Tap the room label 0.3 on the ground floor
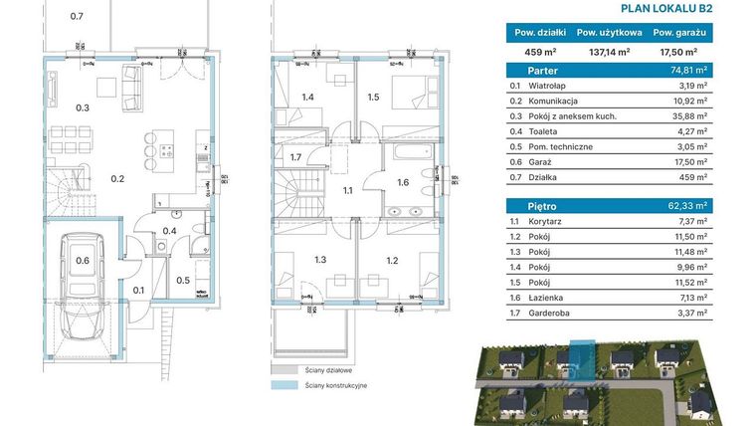point(84,107)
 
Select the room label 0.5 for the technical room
point(183,280)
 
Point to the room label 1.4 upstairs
point(308,98)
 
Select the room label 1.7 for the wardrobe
point(295,157)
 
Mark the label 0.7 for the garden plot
point(78,17)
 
